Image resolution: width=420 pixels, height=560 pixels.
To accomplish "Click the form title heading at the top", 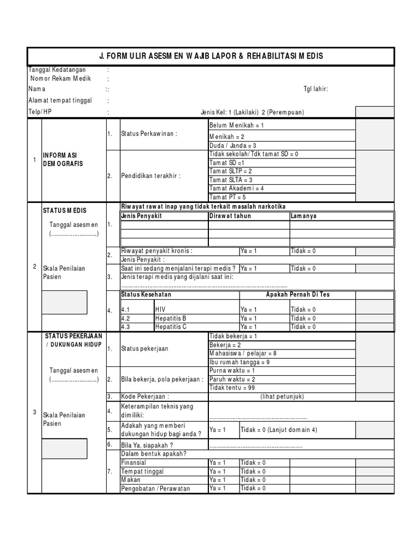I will [x=211, y=56].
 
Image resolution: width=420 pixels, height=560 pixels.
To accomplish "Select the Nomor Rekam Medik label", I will [x=61, y=79].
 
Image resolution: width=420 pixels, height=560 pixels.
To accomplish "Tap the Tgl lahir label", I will [x=316, y=89].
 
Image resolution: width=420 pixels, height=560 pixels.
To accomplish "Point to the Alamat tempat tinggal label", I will [x=60, y=101].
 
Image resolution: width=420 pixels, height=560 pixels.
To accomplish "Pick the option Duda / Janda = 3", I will [x=232, y=145].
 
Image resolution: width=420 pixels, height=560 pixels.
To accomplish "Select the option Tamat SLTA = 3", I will [x=231, y=180].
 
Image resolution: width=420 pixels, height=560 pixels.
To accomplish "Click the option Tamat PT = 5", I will [x=227, y=197].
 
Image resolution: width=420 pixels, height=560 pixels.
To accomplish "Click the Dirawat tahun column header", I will [x=230, y=216].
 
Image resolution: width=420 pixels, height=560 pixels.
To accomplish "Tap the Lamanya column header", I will [x=304, y=216].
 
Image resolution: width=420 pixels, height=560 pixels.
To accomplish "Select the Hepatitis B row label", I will [x=171, y=318].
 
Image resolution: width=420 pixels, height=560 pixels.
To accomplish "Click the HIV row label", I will [x=160, y=310].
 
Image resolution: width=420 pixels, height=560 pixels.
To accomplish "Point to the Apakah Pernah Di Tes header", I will [x=297, y=295].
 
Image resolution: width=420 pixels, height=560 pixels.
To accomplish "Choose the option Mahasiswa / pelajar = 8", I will [x=243, y=353].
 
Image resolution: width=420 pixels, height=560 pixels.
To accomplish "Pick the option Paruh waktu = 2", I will [x=232, y=379].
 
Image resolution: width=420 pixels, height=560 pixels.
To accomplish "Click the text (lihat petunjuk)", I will [x=282, y=396].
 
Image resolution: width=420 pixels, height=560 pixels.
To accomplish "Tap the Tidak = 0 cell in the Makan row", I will [x=253, y=480].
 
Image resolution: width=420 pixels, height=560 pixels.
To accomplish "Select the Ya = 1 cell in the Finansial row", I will [x=218, y=463].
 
